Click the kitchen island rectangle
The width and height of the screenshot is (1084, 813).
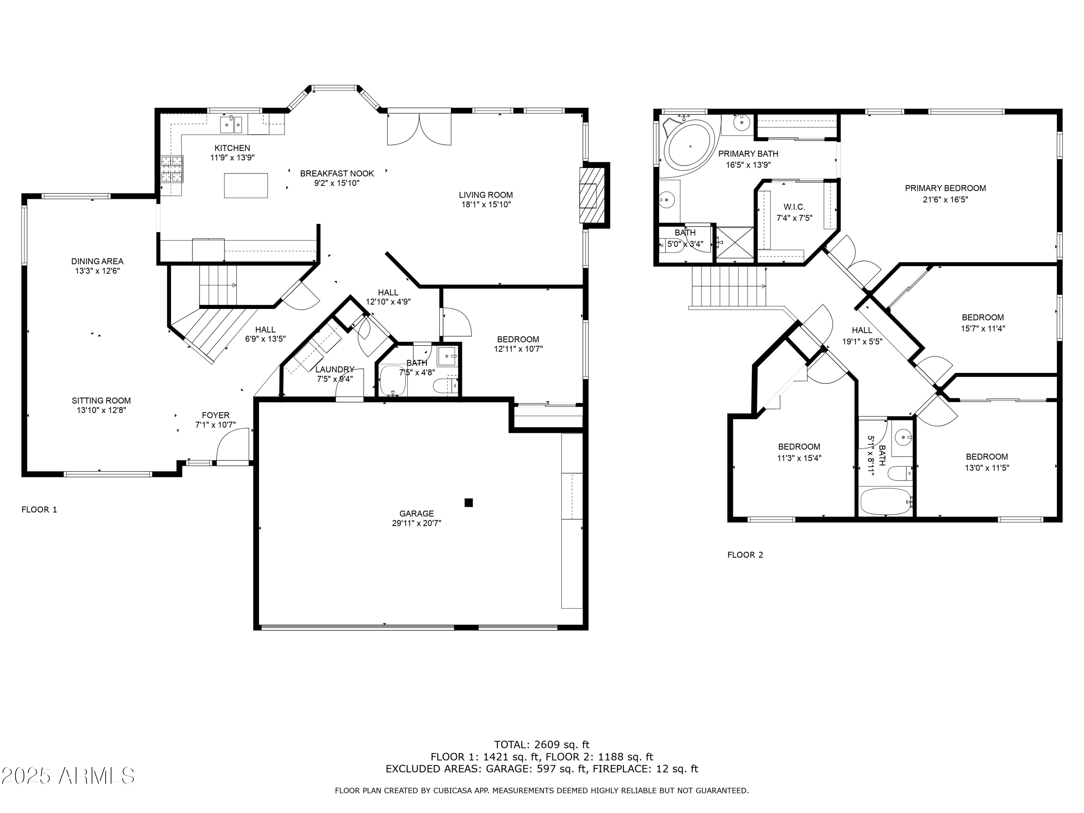pyautogui.click(x=245, y=186)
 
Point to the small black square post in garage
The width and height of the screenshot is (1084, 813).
pyautogui.click(x=469, y=502)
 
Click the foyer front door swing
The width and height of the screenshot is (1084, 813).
pyautogui.click(x=232, y=444)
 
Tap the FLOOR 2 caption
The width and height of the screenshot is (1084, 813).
pyautogui.click(x=745, y=555)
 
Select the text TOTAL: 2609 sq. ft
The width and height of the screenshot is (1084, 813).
pyautogui.click(x=542, y=745)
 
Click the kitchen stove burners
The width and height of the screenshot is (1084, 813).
pyautogui.click(x=172, y=169)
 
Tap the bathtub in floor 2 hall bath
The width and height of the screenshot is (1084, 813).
pyautogui.click(x=886, y=501)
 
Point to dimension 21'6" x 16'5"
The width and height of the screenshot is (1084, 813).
pyautogui.click(x=945, y=199)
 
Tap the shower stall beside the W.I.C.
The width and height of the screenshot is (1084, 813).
pyautogui.click(x=735, y=242)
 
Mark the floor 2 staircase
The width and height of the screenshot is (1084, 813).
pyautogui.click(x=729, y=286)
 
